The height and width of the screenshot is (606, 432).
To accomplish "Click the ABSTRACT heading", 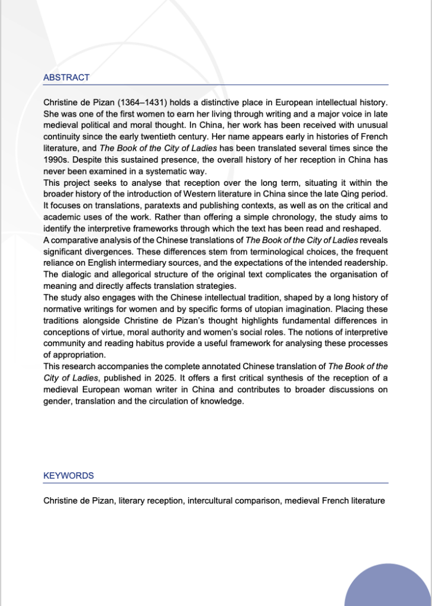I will tap(66, 78).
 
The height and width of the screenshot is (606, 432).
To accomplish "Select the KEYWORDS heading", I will tap(68, 476).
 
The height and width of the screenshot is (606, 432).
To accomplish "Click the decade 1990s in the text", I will tap(56, 160).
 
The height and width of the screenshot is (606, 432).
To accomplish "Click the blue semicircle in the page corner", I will tap(388, 588).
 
